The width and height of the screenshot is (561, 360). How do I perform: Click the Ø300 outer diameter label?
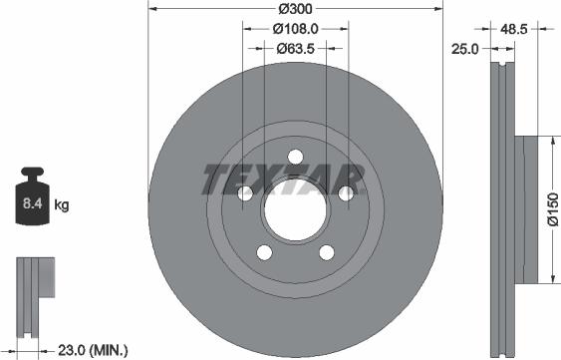click(x=294, y=10)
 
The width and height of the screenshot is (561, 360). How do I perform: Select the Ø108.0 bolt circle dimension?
click(x=295, y=29)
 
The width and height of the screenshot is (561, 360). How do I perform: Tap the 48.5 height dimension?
click(x=514, y=31)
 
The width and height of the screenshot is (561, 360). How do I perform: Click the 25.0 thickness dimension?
click(x=466, y=47)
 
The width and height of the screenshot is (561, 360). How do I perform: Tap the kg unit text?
click(x=62, y=206)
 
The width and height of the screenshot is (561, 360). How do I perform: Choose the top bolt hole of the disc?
click(x=295, y=157)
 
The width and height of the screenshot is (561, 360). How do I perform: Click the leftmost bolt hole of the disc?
click(x=244, y=194)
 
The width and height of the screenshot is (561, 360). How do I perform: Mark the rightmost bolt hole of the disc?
click(x=346, y=194)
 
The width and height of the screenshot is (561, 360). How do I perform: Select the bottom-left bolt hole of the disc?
click(x=264, y=254)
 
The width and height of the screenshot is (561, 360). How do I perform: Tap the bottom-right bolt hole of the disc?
click(x=326, y=254)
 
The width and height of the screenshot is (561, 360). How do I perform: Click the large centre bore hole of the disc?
click(x=295, y=210)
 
